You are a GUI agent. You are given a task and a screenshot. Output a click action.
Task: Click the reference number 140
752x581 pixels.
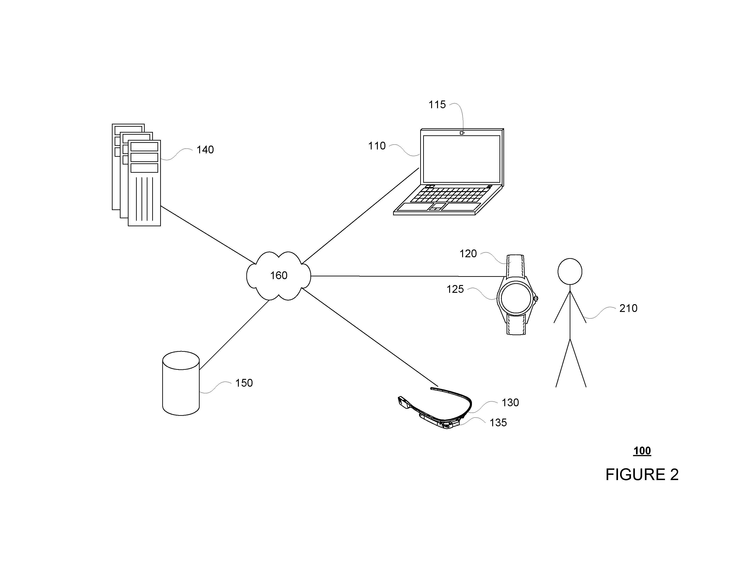point(205,150)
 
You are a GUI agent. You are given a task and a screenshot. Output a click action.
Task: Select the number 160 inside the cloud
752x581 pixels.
point(278,275)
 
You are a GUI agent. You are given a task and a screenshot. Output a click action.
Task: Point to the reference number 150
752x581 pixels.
point(244,383)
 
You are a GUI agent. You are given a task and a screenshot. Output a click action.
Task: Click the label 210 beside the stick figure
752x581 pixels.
point(628,308)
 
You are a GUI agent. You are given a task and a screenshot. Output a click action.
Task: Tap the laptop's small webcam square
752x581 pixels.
point(462,133)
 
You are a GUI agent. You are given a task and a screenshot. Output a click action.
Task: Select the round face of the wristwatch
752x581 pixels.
point(515,299)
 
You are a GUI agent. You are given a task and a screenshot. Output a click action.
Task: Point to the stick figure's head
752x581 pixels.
point(570,272)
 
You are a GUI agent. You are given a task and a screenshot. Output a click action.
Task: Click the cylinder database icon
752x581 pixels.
point(181,383)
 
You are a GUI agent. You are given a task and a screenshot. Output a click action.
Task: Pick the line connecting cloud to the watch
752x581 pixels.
point(407,276)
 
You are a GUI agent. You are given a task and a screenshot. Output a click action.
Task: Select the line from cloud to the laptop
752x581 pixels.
point(361,216)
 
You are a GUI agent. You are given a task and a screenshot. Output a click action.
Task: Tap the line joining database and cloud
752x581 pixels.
point(234,335)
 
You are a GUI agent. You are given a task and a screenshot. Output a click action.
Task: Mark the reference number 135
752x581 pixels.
point(498,423)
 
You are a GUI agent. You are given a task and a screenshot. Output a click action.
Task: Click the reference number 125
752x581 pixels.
point(455,289)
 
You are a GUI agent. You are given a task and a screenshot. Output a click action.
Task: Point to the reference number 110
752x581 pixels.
point(377,146)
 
